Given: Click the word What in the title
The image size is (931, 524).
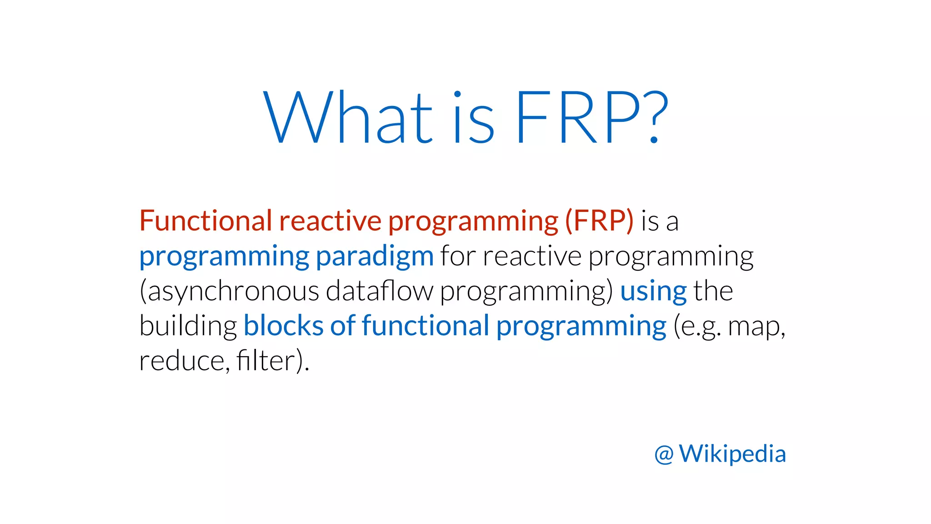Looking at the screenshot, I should click(348, 117).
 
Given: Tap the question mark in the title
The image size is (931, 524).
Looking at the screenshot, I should click(653, 117).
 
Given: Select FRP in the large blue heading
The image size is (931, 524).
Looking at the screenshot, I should click(578, 117).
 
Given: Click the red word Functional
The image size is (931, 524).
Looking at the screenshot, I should click(205, 221).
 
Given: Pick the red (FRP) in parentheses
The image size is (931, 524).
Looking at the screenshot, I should click(599, 221).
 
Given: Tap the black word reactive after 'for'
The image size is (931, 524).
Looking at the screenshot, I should click(532, 256).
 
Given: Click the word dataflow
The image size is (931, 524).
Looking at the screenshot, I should click(380, 291).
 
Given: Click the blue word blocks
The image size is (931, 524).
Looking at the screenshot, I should click(283, 326).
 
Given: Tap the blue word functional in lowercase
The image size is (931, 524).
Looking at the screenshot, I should click(425, 326).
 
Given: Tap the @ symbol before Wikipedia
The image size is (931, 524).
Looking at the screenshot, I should click(664, 454).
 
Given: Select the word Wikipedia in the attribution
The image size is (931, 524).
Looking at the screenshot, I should click(732, 454).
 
